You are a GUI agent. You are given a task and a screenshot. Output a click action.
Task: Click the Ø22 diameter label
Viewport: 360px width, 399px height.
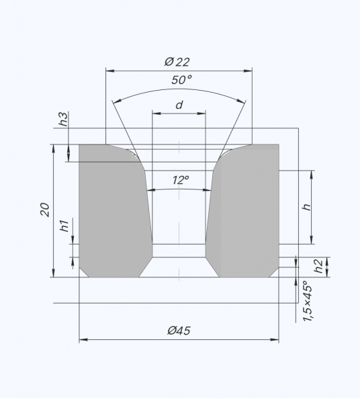tap(177, 62)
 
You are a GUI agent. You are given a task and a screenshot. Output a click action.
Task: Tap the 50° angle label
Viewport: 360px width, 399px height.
tap(181, 80)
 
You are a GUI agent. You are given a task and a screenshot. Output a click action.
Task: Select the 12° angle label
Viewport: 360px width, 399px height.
tap(181, 180)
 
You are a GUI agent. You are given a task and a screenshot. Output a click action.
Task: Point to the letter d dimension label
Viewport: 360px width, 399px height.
tap(179, 105)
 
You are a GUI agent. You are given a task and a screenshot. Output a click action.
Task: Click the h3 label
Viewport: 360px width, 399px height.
tap(64, 119)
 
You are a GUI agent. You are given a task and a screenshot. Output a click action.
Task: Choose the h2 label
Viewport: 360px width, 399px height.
tap(318, 266)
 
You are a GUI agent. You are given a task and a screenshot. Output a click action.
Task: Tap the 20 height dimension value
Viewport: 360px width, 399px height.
tap(45, 210)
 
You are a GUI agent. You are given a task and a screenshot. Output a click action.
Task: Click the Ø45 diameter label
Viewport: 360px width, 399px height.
tap(179, 330)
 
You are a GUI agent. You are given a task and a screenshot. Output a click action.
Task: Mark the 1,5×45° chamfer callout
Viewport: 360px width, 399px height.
tap(307, 301)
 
